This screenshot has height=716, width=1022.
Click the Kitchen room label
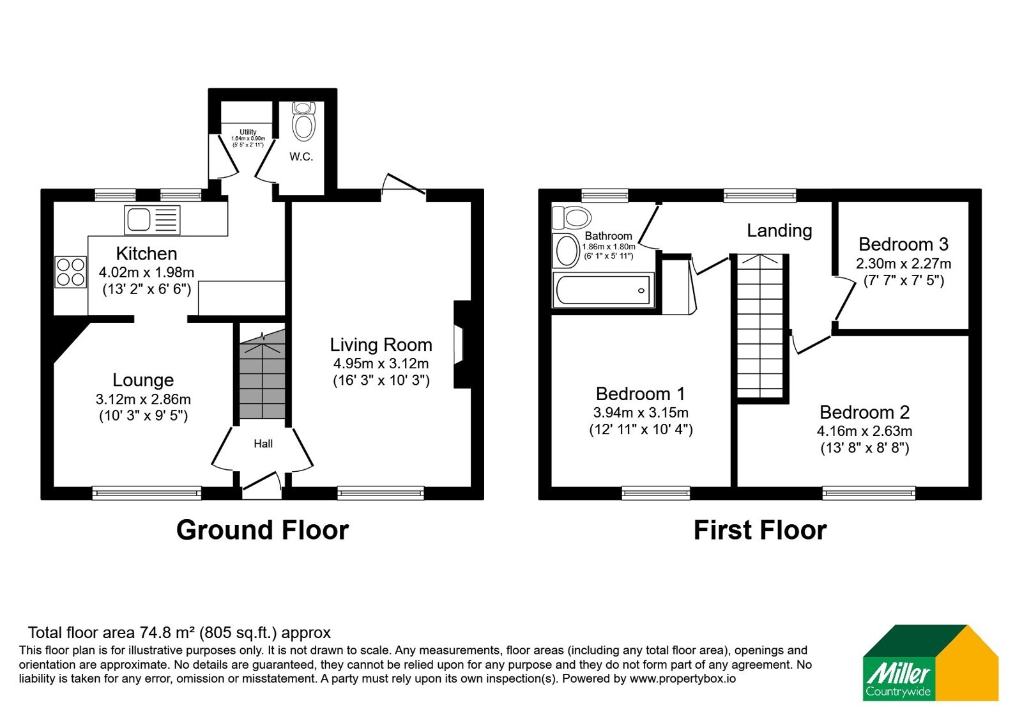(146, 253)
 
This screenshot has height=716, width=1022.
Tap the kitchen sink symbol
(153, 220)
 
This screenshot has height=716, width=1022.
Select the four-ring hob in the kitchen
(71, 272)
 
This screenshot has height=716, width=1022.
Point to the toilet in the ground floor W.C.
(303, 121)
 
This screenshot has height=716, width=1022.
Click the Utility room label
(248, 132)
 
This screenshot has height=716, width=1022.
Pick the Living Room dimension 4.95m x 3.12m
(381, 364)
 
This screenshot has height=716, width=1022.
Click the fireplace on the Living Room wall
(462, 345)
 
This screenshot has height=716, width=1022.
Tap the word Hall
(263, 444)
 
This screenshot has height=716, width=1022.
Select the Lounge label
(143, 380)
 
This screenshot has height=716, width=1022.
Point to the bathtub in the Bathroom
(603, 290)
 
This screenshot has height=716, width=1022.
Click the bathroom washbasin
(566, 250)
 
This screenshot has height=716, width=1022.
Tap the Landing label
(779, 231)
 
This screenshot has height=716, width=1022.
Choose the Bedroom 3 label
(903, 244)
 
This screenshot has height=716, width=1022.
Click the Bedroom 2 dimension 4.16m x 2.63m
(865, 431)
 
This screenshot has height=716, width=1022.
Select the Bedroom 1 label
(641, 394)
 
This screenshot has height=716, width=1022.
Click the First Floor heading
(760, 530)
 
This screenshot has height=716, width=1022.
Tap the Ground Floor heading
(263, 530)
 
